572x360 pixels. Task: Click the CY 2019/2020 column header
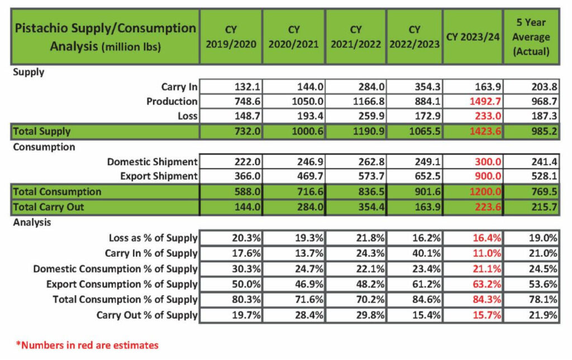click(x=231, y=36)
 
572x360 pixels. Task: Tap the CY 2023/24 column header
click(x=472, y=37)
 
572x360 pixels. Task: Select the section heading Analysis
click(x=32, y=222)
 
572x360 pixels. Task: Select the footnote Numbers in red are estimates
click(x=87, y=345)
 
